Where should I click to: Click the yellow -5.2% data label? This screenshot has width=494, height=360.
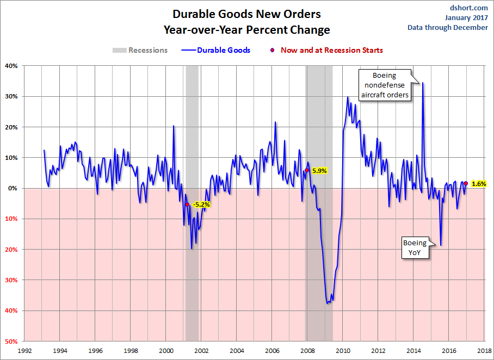pos(202,205)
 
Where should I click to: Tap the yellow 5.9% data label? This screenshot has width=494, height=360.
pos(319,170)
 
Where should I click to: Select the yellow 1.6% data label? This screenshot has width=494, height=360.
pos(479,184)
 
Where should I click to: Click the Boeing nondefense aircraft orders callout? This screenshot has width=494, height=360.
pos(385,85)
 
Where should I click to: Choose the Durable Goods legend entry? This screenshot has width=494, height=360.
pos(223,50)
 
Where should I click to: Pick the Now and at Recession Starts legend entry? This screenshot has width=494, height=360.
pos(331,50)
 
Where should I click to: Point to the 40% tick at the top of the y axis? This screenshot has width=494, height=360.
pos(11,66)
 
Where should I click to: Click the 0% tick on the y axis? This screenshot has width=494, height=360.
pos(13,188)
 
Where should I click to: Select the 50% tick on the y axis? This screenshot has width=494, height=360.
pos(11,342)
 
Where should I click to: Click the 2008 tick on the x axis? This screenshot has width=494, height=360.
pos(307,351)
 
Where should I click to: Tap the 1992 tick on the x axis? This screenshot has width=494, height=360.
pos(24,351)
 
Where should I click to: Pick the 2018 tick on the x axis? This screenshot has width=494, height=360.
pos(485,351)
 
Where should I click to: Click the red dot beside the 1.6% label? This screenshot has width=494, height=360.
pos(466,183)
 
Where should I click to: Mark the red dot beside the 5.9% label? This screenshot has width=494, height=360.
pos(307,170)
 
